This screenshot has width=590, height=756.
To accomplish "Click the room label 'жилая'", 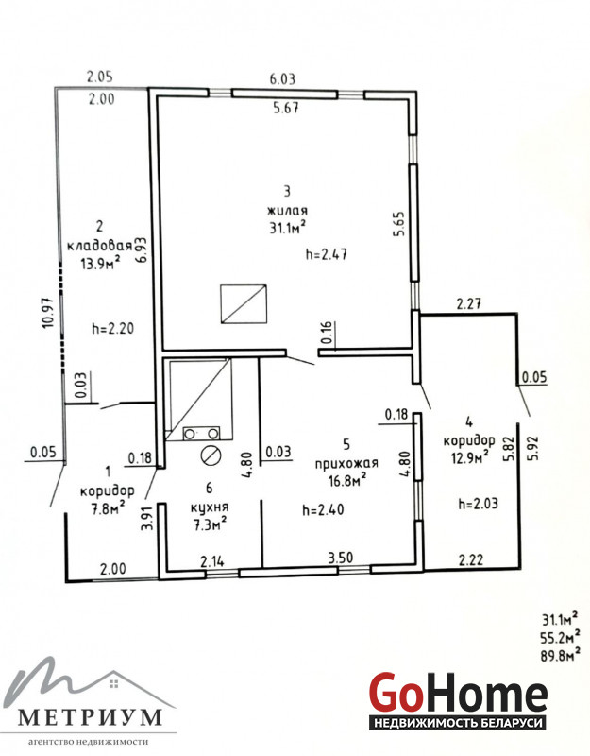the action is click(288, 211).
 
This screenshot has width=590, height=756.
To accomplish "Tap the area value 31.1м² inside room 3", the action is click(289, 228).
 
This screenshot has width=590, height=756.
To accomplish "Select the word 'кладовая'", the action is click(99, 246).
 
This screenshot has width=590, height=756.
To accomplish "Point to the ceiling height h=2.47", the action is click(327, 253).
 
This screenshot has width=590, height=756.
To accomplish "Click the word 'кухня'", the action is click(210, 507).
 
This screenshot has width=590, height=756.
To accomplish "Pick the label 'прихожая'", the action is click(346, 463).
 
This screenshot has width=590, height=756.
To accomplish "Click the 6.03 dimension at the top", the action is click(281, 78).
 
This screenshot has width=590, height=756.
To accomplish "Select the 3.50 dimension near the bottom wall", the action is click(341, 558).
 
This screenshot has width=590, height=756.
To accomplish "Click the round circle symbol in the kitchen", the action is click(210, 455).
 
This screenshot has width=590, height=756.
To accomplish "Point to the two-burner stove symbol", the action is click(201, 434).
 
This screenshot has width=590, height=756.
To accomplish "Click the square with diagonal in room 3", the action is click(244, 303).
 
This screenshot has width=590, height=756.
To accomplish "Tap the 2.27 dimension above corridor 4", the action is click(468, 304).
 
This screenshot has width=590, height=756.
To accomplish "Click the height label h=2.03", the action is click(479, 504).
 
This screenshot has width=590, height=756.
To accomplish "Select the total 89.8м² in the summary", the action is click(560, 656).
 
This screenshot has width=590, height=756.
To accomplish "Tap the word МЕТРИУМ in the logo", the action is click(90, 717).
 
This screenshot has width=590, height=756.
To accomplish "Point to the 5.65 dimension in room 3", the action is click(398, 224).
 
